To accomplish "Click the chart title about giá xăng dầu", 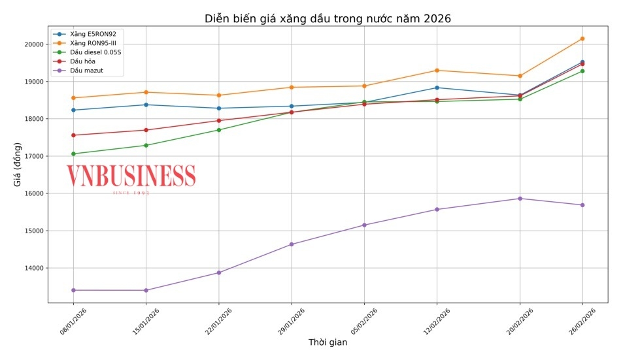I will point(327,18).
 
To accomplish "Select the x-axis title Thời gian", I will point(327,342).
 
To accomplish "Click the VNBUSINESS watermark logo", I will point(131,176).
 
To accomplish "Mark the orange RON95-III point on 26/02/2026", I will point(582,39).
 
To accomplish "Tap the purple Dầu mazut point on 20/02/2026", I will point(520,199).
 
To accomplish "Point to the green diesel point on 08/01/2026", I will point(73,154).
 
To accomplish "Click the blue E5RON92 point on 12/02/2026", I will point(437,88).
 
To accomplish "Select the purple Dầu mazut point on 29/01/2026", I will point(292,244).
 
